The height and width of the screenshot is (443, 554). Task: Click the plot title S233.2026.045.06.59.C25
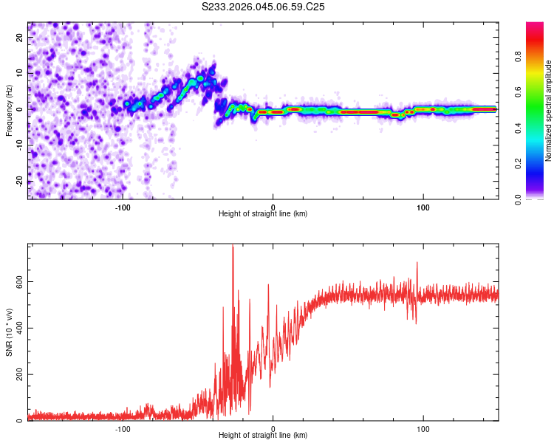click(264, 7)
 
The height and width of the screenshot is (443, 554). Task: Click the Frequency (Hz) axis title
click(9, 110)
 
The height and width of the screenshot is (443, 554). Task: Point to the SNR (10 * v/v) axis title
click(9, 332)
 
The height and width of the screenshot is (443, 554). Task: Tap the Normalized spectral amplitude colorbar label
click(548, 111)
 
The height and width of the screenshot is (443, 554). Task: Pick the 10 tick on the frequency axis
click(21, 73)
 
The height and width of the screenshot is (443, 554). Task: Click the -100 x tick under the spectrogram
click(123, 207)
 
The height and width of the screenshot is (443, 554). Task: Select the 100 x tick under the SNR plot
click(423, 429)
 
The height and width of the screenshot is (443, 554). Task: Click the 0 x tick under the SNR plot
click(273, 429)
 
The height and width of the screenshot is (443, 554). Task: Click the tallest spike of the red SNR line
click(233, 247)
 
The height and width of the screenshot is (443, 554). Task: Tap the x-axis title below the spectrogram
click(263, 214)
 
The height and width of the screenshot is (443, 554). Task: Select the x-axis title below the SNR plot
click(263, 436)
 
